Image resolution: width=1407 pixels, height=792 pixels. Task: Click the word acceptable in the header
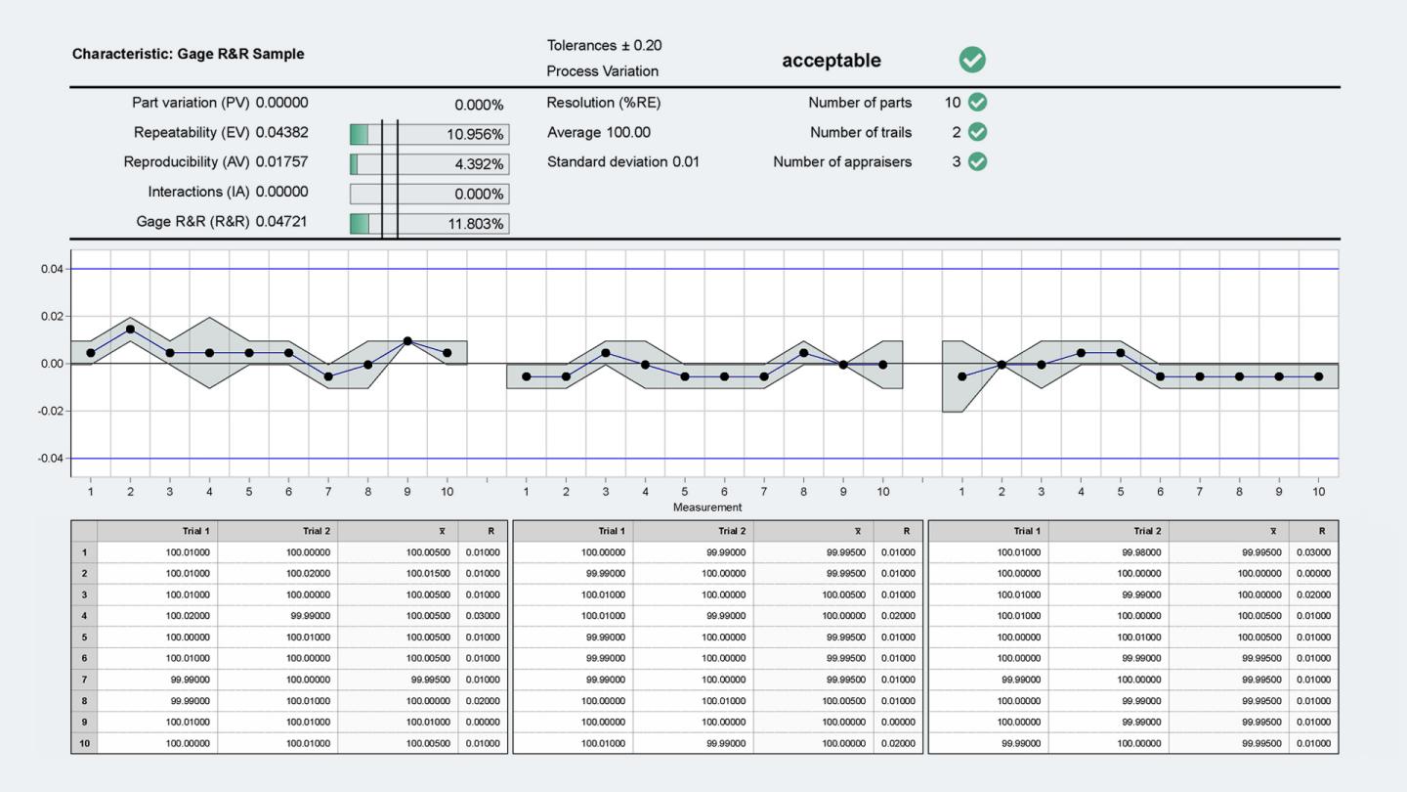tap(831, 61)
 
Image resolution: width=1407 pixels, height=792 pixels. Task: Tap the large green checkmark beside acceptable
tap(972, 60)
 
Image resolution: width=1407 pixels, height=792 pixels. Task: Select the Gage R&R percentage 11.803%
tap(476, 224)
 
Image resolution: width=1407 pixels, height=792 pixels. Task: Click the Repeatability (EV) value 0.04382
tap(281, 132)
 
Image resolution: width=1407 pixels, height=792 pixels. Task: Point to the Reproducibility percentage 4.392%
tap(479, 164)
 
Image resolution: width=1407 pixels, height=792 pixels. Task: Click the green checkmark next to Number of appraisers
tap(977, 162)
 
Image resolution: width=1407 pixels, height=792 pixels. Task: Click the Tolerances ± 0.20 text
tap(604, 46)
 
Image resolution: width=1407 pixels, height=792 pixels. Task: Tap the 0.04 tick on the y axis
tap(52, 269)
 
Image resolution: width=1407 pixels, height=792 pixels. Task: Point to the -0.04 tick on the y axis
tap(50, 459)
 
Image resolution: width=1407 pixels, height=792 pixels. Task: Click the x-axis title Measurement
tap(707, 507)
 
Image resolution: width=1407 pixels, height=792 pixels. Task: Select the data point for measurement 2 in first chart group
tap(130, 330)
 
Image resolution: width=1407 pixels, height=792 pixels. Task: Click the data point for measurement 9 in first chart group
tap(407, 341)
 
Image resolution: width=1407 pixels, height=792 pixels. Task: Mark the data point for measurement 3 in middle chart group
tap(606, 353)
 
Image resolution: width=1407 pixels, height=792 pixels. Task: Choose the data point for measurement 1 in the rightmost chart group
tap(962, 376)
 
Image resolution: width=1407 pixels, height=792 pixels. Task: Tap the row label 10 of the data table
tap(84, 743)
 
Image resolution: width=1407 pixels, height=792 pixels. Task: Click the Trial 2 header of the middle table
tap(729, 531)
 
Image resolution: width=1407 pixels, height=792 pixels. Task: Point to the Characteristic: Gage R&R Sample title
tap(188, 54)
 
